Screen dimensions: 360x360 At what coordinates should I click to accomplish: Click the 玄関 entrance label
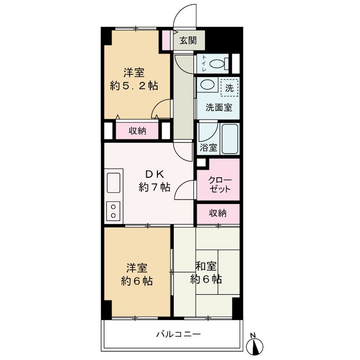click(188, 40)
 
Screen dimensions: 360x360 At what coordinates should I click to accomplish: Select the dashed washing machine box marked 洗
click(229, 87)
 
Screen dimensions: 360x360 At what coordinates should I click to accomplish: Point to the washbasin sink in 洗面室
click(207, 84)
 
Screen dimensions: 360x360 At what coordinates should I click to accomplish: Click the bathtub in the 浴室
click(229, 139)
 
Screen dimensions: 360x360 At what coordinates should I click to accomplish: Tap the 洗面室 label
click(219, 107)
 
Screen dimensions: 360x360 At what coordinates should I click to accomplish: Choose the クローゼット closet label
click(220, 184)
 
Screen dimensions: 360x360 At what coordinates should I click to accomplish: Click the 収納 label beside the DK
click(217, 213)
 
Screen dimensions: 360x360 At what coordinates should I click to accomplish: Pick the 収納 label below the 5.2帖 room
click(137, 131)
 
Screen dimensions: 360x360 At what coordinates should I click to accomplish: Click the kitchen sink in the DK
click(113, 183)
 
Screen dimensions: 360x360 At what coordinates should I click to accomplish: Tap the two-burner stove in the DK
click(113, 211)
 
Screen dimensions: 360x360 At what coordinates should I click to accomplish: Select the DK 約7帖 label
click(154, 181)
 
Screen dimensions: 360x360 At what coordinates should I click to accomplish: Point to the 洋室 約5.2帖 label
click(134, 79)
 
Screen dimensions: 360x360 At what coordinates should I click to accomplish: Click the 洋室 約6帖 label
click(137, 274)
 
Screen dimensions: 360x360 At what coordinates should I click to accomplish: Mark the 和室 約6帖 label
click(206, 273)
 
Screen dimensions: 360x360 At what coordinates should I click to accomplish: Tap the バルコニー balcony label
click(179, 334)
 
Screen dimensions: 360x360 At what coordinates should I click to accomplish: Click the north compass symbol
click(254, 344)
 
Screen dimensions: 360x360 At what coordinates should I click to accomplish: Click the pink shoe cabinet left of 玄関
click(166, 40)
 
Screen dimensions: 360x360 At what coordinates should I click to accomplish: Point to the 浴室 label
click(208, 148)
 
